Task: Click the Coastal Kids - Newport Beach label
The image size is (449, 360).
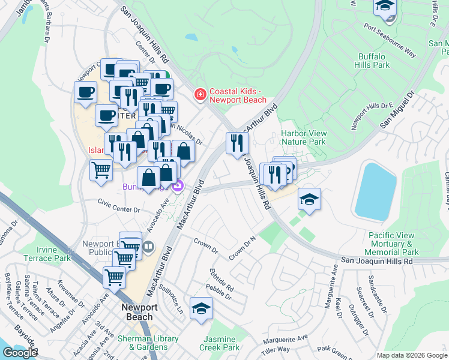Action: click(238, 95)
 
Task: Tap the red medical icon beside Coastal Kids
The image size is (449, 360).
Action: click(199, 94)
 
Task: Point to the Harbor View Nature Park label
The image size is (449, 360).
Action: click(304, 137)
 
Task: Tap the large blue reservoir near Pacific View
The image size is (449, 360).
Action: click(375, 190)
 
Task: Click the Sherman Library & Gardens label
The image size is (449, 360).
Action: click(147, 343)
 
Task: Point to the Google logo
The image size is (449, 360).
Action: click(20, 352)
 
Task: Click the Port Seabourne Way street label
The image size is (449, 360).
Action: click(390, 40)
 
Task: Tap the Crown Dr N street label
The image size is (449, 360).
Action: click(242, 248)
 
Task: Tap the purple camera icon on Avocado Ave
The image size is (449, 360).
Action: click(178, 187)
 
